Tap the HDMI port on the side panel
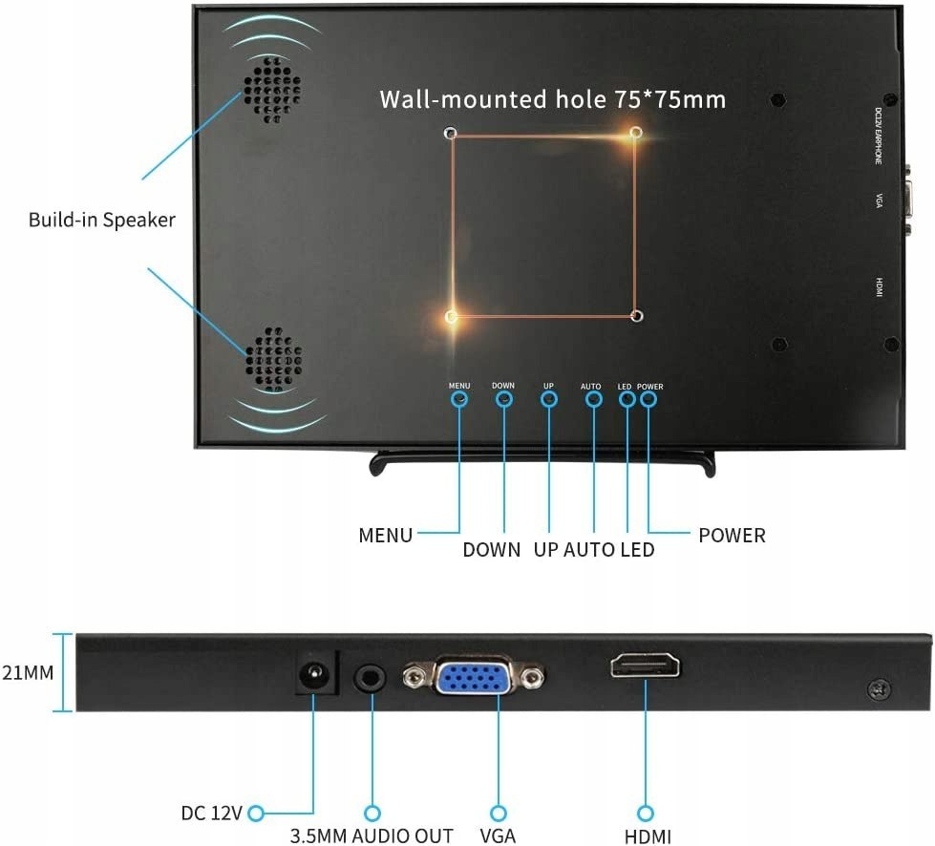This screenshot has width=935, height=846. tap(646, 666)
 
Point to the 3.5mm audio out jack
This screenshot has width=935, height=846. tap(372, 679)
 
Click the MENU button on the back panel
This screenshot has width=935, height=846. tap(459, 398)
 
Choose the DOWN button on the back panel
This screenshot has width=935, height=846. tap(504, 398)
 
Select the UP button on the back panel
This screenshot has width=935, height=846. tap(549, 398)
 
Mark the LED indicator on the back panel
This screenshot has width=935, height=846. tap(627, 398)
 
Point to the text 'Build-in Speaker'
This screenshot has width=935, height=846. tap(102, 220)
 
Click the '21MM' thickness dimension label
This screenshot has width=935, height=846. tap(27, 672)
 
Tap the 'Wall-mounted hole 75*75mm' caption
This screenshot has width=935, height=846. tap(552, 99)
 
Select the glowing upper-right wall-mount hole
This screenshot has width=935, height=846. tap(637, 132)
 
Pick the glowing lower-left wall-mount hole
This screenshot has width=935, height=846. tap(452, 316)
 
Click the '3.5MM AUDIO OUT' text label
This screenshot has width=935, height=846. tap(372, 835)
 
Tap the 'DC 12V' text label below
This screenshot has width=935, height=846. tap(212, 814)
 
